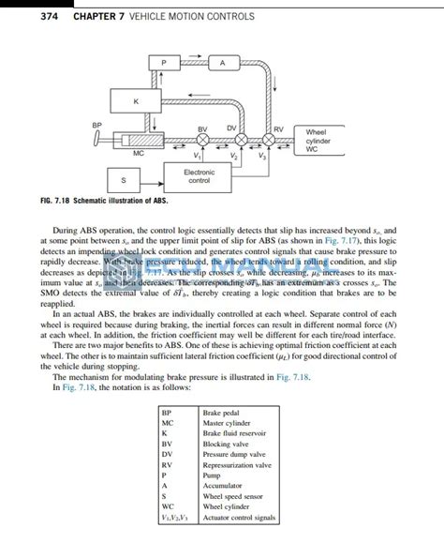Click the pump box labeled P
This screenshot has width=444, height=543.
click(164, 63)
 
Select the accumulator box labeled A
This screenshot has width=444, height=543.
click(223, 63)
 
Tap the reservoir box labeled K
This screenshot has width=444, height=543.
click(137, 101)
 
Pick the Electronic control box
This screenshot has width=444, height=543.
click(199, 175)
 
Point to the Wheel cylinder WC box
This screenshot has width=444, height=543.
click(317, 140)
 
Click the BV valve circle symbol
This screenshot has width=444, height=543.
click(203, 142)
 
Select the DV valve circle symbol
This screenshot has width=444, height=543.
click(240, 142)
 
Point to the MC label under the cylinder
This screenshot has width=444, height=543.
click(138, 152)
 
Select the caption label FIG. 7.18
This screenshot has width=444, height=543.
click(59, 201)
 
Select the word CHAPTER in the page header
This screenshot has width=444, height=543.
click(81, 16)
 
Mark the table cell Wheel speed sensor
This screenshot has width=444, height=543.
click(230, 496)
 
